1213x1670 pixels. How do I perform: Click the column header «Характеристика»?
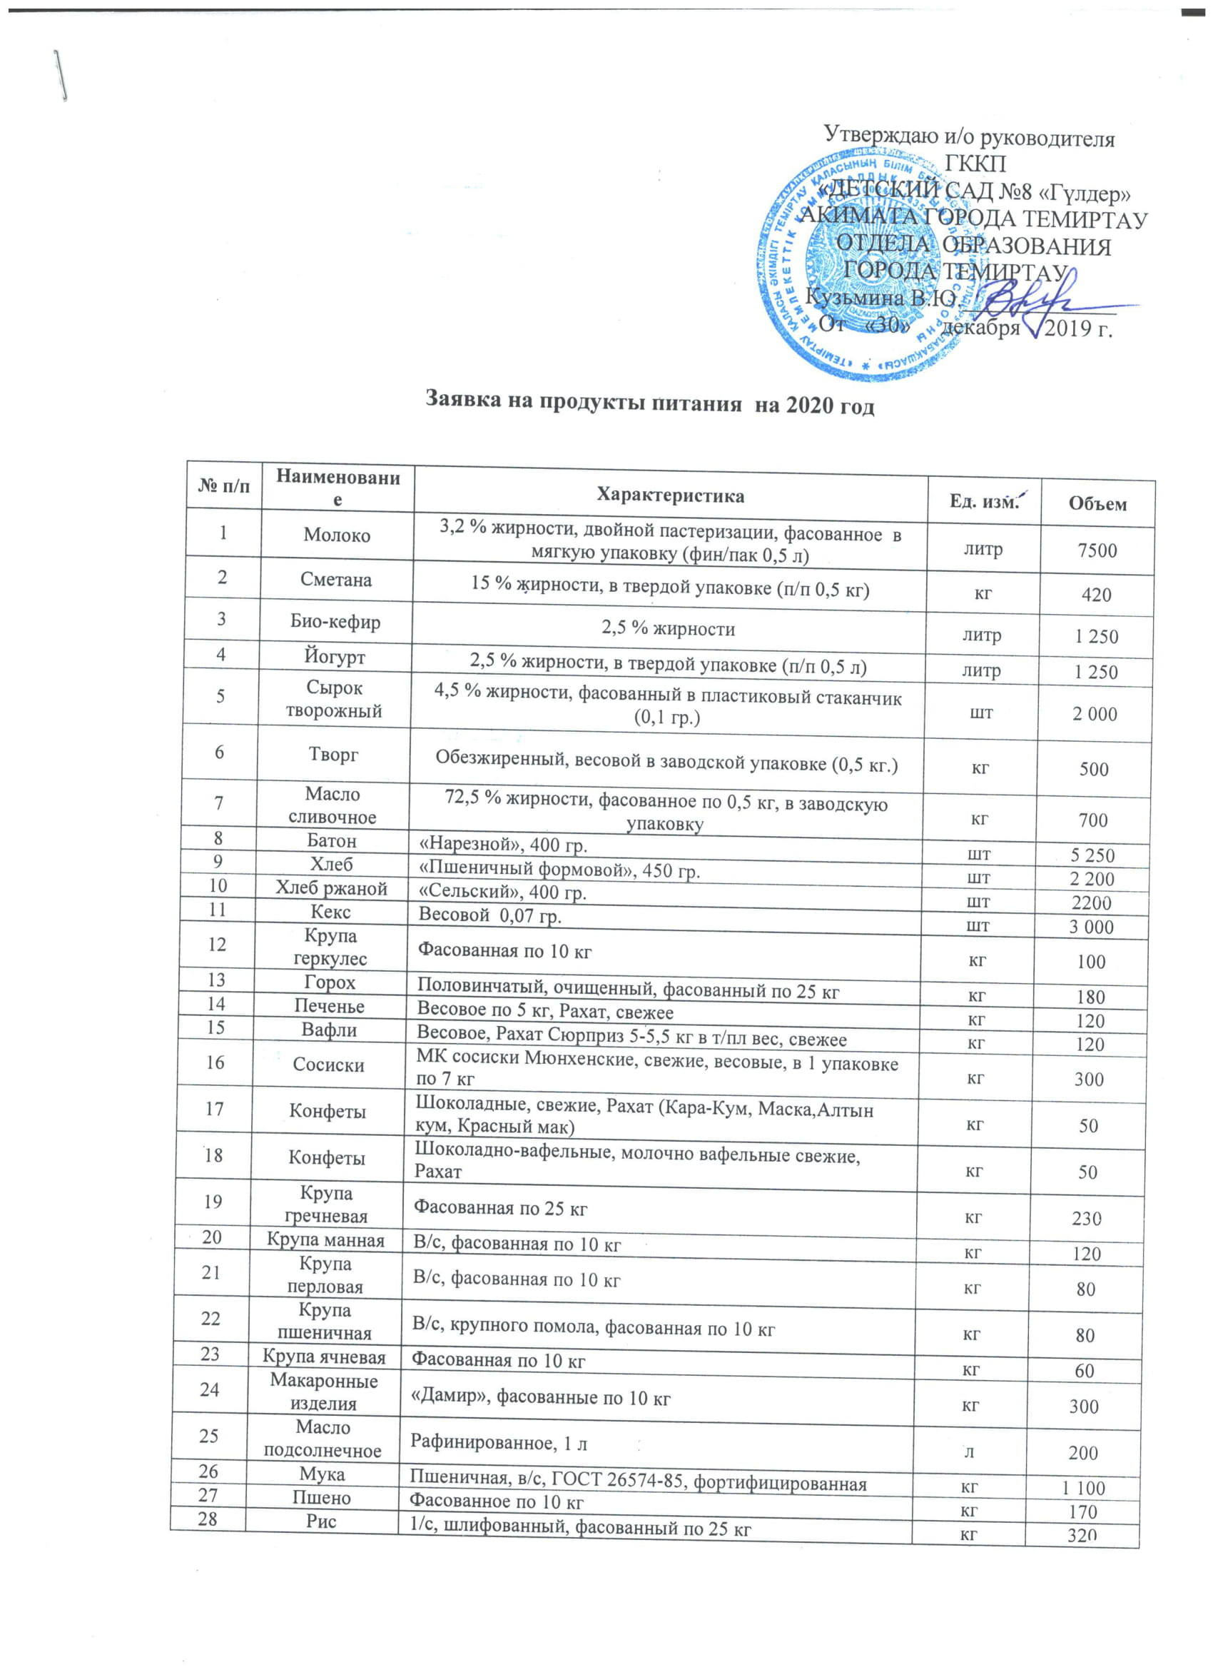tap(670, 495)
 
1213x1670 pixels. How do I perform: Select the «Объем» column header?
tap(1097, 504)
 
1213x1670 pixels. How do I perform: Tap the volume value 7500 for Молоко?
tap(1097, 550)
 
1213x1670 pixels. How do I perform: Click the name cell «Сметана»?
tap(335, 580)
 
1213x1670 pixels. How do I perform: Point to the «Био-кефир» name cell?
tap(335, 621)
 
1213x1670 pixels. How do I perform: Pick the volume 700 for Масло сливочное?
tap(1093, 820)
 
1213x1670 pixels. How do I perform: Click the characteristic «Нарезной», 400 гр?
tap(503, 845)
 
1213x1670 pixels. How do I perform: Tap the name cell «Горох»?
tap(330, 982)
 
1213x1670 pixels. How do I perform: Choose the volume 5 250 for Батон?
tap(1092, 855)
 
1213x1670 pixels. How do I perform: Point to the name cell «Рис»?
tap(322, 1521)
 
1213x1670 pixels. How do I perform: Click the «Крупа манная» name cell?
tap(325, 1241)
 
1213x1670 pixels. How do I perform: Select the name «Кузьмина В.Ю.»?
tap(880, 297)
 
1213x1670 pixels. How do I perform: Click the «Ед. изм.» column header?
tap(983, 501)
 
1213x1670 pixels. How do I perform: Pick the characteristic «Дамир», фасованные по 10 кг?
tap(540, 1397)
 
